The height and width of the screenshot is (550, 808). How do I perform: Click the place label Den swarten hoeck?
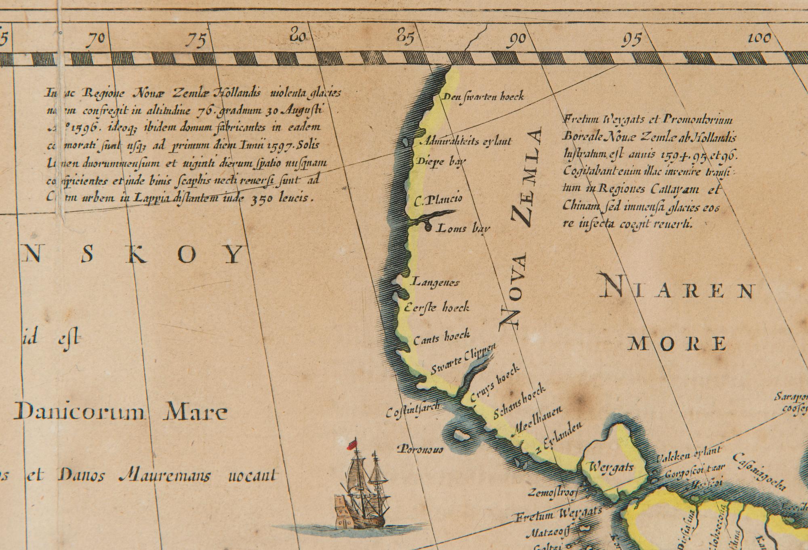click(x=483, y=97)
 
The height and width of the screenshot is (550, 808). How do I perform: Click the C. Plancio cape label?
click(x=439, y=199)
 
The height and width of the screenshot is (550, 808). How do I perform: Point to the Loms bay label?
click(x=463, y=228)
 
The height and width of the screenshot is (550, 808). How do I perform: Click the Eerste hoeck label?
click(x=437, y=308)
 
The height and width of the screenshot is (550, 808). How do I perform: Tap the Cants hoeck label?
click(x=442, y=337)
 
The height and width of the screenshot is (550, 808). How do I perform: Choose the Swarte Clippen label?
click(x=463, y=360)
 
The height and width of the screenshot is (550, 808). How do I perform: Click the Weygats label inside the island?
click(x=611, y=468)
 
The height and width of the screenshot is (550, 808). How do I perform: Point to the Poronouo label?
click(x=421, y=449)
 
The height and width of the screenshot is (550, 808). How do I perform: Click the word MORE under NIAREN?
click(x=678, y=344)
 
